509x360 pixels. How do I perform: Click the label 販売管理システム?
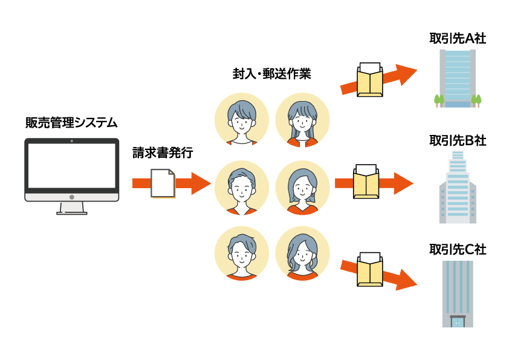pos(71,123)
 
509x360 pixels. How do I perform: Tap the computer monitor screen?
pos(72,165)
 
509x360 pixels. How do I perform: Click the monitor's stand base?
pos(72,212)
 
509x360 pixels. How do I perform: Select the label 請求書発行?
pos(163,153)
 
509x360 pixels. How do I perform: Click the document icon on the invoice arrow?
pos(162,183)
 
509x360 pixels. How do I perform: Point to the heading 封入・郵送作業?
pos(272,74)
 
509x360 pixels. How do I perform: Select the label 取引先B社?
pos(457,140)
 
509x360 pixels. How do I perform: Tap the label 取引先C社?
pos(457,249)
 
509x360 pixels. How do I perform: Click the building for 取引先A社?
pos(458,79)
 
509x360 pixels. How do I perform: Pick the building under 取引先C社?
pos(458,293)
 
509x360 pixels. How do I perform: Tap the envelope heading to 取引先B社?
pos(366,182)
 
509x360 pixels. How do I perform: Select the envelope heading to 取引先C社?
pos(369,270)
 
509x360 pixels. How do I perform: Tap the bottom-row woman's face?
pos(302,255)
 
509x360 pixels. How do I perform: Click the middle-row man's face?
pos(242,188)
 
